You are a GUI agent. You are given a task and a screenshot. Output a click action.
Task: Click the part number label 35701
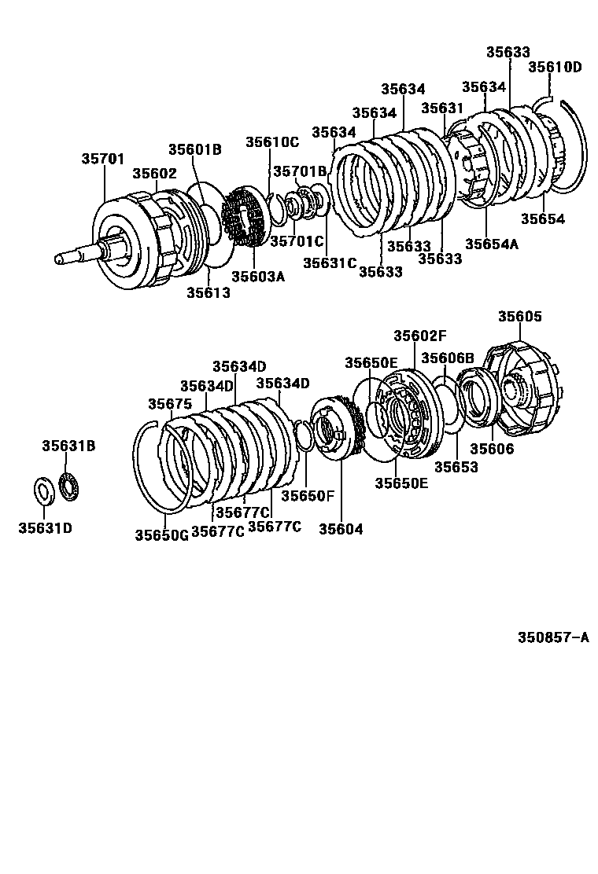(103, 158)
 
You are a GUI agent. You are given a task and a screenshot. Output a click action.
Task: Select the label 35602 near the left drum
(154, 174)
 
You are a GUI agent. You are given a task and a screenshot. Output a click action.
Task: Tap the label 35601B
(194, 150)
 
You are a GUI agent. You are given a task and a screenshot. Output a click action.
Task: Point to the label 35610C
(272, 142)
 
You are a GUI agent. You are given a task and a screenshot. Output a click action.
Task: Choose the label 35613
(209, 292)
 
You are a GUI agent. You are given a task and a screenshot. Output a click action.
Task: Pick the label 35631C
(330, 263)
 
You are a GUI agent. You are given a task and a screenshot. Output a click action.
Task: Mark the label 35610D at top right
(554, 67)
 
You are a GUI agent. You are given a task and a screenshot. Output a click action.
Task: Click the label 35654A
(492, 244)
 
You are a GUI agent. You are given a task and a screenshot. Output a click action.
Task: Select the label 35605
(520, 317)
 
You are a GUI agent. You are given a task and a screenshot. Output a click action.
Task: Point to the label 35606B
(448, 358)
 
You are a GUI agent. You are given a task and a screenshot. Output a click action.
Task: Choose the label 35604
(341, 529)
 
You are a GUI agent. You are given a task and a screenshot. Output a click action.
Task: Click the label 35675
(170, 403)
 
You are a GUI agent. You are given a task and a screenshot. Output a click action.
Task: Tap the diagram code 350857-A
(552, 638)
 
